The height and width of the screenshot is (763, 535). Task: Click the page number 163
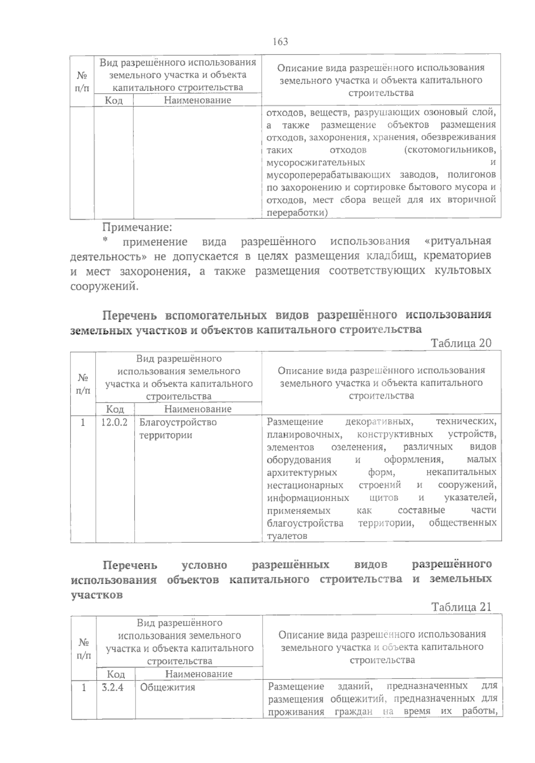[280, 42]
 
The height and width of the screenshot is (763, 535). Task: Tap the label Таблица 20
[461, 343]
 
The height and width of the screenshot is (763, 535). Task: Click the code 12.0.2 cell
[114, 422]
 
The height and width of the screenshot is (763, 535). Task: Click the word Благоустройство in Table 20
[178, 422]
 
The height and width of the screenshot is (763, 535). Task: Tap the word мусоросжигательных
[316, 162]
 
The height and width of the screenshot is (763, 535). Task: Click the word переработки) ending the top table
[296, 213]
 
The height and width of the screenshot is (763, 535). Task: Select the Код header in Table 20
[115, 409]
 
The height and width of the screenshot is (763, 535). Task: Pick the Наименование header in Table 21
[199, 674]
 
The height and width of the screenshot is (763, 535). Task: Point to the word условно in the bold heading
[205, 565]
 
